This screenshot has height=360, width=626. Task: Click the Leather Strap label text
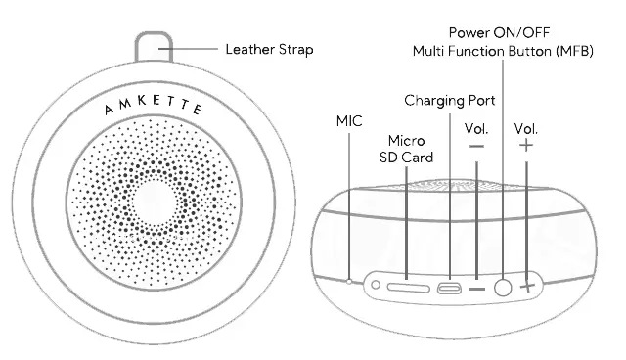click(269, 49)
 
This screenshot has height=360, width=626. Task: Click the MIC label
click(349, 121)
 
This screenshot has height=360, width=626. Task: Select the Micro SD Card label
click(405, 150)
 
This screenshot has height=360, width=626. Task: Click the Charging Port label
click(450, 101)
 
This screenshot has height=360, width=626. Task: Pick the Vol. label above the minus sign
click(476, 128)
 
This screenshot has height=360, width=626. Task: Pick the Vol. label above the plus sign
click(526, 128)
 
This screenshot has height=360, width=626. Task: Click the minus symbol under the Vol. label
click(476, 147)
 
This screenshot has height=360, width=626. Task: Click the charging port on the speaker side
click(451, 289)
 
